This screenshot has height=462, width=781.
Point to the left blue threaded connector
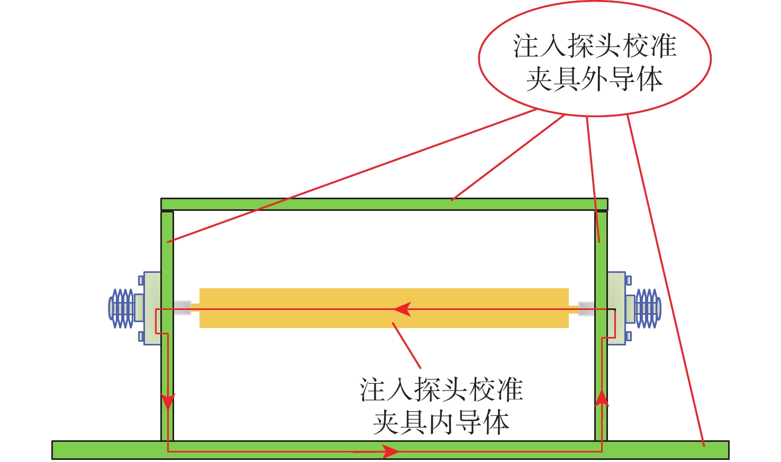coord(122,308)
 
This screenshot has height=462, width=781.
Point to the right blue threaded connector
coord(648,308)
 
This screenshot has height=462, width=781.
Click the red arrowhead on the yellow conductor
coord(403,309)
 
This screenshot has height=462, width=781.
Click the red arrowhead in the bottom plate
coord(390,451)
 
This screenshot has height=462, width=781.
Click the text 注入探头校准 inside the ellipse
coord(595,46)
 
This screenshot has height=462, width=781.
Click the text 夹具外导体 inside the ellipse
coord(595,79)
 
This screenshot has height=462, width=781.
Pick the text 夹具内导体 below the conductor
coord(441,422)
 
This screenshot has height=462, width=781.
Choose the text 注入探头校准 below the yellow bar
coord(441,390)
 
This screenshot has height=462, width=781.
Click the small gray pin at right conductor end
coord(586,308)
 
